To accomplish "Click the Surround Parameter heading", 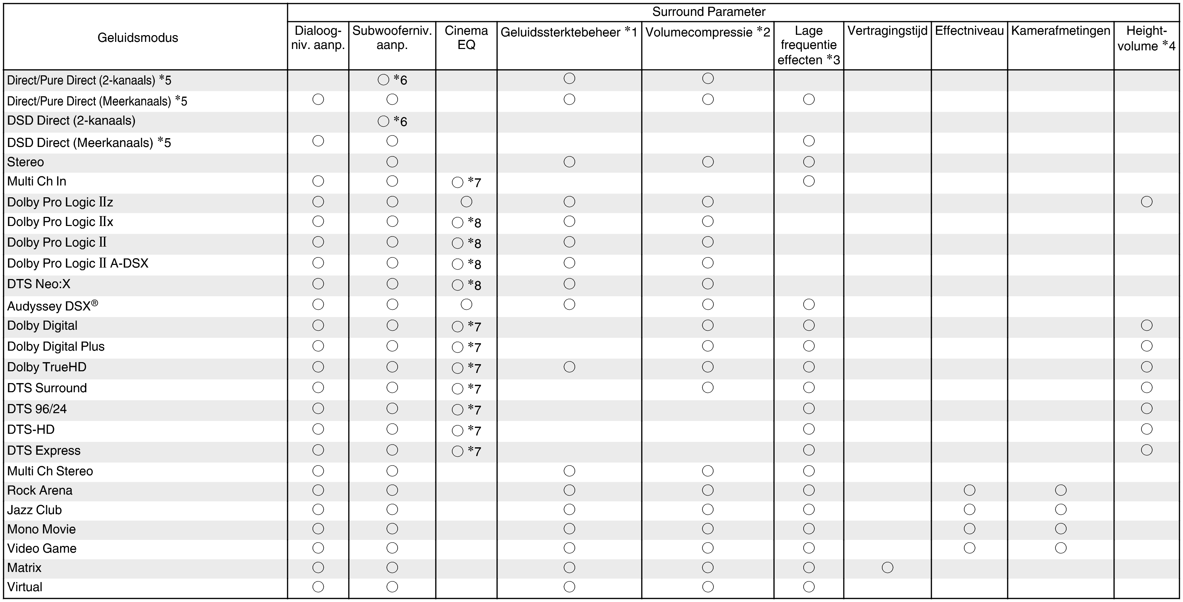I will (x=708, y=12).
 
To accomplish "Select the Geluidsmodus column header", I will (x=138, y=38).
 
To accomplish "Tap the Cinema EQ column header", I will (x=466, y=38).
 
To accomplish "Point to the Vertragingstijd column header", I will (x=887, y=31).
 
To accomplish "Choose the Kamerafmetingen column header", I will (x=1060, y=31).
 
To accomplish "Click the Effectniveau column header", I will (x=969, y=31).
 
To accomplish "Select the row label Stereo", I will (x=26, y=162).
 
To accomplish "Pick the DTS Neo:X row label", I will (x=39, y=284).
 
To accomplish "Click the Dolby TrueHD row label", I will (x=47, y=367).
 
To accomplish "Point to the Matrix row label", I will (x=24, y=568).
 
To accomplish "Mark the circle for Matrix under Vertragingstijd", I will (x=887, y=568).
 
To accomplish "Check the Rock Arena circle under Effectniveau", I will (x=969, y=490).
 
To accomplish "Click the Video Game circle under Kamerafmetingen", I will (x=1060, y=548).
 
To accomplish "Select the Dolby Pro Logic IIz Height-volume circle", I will (x=1146, y=202).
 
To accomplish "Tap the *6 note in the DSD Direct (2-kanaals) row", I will (x=400, y=122).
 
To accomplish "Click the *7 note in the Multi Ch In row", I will (x=475, y=182).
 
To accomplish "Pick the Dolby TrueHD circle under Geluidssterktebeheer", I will (x=569, y=367).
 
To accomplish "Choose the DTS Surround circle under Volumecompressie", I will (x=708, y=387).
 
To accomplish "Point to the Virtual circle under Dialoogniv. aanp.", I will (x=318, y=587).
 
